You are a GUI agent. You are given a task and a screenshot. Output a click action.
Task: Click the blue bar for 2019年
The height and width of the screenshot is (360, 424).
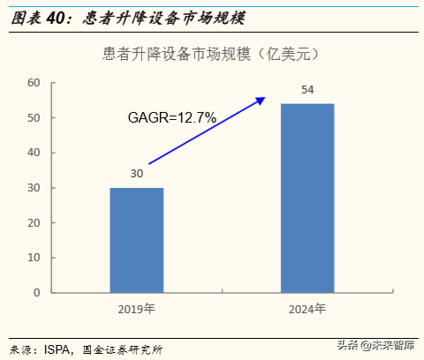pyautogui.click(x=136, y=239)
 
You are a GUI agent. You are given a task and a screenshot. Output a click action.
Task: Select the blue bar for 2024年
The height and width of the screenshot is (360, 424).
pyautogui.click(x=307, y=198)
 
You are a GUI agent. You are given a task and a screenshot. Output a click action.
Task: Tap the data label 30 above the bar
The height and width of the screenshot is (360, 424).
pyautogui.click(x=137, y=174)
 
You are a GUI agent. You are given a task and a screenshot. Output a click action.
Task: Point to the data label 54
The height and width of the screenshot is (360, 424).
pyautogui.click(x=307, y=90)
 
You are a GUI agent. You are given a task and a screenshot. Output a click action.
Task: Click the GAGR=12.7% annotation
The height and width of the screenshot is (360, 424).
pyautogui.click(x=171, y=117)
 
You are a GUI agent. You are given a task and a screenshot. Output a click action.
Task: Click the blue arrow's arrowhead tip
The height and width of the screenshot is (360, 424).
pyautogui.click(x=265, y=98)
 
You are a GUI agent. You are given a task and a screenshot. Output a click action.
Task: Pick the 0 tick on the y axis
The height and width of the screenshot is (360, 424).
pyautogui.click(x=37, y=292)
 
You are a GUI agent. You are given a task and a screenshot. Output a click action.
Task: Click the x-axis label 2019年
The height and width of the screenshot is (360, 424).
pyautogui.click(x=136, y=310)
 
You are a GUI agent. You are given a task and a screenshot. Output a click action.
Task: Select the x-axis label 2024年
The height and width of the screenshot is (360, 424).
pyautogui.click(x=307, y=310)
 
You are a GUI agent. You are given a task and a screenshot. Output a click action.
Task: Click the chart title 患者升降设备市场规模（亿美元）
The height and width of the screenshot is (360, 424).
pyautogui.click(x=211, y=54)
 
